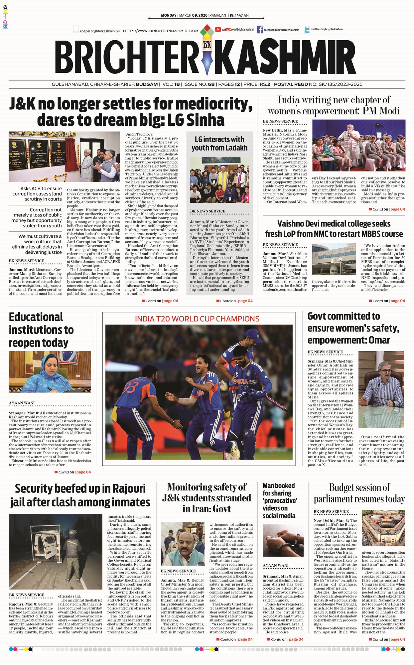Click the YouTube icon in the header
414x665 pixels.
point(218,29)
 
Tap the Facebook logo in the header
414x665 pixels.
point(260,30)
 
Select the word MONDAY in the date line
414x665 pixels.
point(169,15)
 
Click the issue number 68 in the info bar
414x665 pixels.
point(211,84)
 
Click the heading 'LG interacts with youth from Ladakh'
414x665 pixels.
point(219,143)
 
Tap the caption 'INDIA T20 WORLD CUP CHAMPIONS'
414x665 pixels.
point(197,319)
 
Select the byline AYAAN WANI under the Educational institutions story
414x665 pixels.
point(22,403)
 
